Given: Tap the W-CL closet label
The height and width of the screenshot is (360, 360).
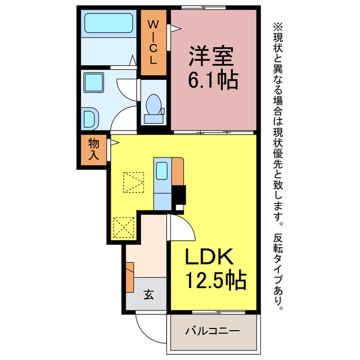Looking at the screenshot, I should click(153, 43).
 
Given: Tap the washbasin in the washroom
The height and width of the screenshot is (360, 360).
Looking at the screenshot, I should click(89, 119).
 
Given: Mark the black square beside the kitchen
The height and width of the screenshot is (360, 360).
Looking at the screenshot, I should click(179, 196).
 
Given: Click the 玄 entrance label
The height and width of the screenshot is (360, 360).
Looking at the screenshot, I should click(148, 294).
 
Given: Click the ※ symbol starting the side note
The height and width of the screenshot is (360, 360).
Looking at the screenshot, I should click(277, 26).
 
